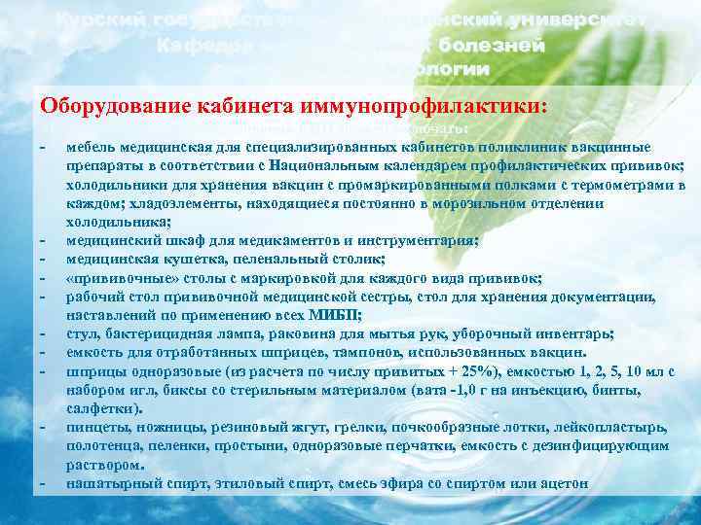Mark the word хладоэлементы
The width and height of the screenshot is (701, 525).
165,203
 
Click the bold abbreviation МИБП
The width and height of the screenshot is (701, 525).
336,314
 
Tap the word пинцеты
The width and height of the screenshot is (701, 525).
95,426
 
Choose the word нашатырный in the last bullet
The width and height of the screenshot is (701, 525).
108,482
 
